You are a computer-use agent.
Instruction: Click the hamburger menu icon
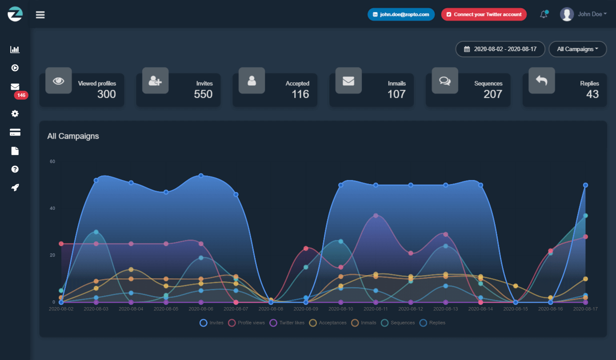[40, 15]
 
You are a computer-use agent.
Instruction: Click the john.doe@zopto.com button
[401, 14]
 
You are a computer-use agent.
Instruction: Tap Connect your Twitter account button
[484, 14]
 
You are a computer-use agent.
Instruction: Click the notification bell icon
[544, 15]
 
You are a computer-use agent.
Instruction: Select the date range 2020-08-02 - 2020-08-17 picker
[500, 49]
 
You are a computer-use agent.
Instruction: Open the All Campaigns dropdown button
[577, 49]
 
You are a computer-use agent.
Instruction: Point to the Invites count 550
[203, 94]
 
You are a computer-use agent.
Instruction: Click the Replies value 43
[592, 94]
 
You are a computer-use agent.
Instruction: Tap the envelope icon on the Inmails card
[348, 81]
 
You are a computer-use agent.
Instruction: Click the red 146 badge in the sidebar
[21, 95]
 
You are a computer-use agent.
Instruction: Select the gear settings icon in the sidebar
[15, 114]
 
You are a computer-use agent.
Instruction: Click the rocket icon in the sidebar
[15, 188]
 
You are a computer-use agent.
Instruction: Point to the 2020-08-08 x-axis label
[271, 308]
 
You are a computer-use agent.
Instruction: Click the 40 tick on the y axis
[52, 208]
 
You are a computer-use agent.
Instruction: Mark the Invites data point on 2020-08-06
[201, 176]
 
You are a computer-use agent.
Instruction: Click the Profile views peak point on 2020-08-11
[376, 216]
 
